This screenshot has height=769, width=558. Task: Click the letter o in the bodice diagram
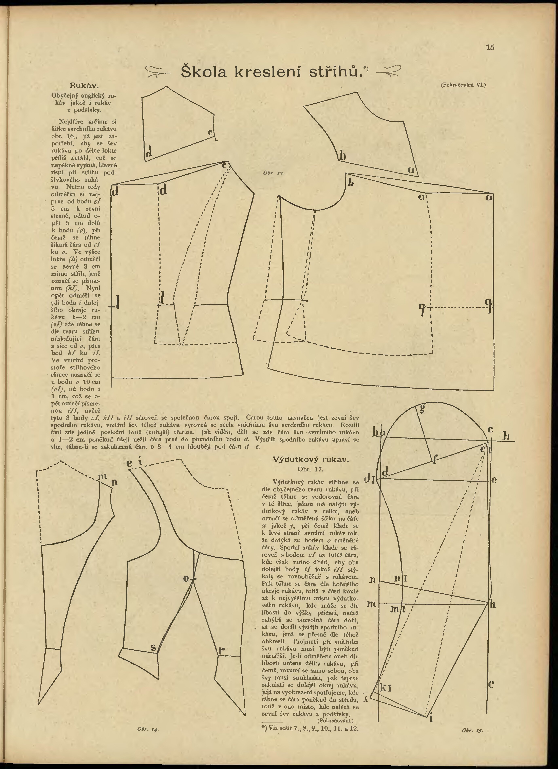point(186,578)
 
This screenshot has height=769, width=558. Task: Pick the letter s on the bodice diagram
point(153,647)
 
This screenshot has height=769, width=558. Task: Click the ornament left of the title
point(158,72)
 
